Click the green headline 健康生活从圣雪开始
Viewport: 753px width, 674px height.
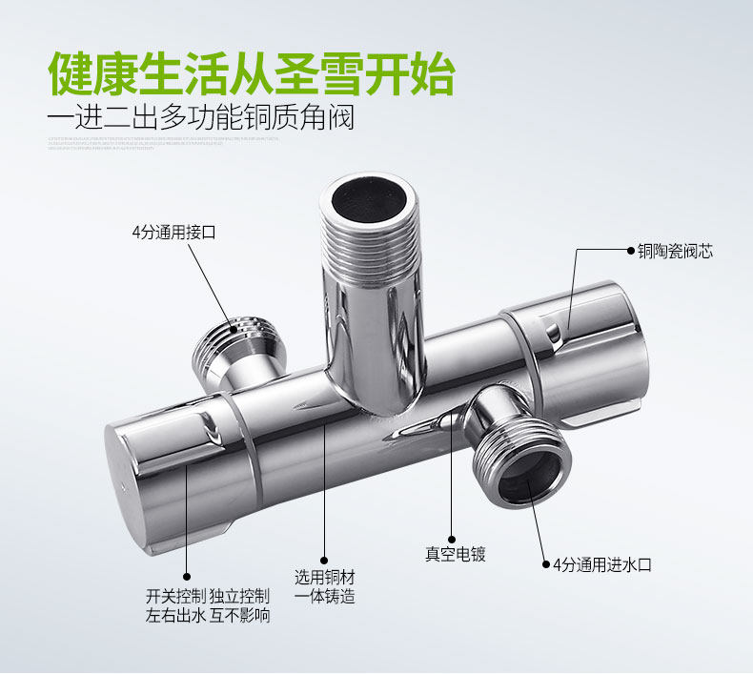coord(252,72)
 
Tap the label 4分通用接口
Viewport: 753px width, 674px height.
coord(173,232)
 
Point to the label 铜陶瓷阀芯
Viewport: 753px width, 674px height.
coord(676,252)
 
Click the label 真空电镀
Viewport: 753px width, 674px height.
coord(455,554)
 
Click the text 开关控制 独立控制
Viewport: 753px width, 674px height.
coord(207,596)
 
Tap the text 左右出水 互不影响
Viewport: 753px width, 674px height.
coord(207,616)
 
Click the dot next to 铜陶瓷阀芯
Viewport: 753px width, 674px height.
coord(630,252)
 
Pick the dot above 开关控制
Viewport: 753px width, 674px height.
coord(187,576)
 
